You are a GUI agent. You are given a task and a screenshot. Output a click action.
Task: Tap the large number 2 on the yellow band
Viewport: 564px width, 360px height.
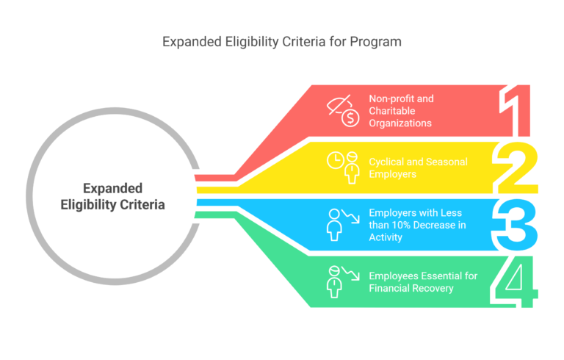[x=515, y=168]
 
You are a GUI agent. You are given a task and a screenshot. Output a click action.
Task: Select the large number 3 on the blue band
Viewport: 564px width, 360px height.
[x=515, y=225]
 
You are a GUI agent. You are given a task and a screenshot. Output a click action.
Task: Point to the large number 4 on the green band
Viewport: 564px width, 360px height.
[x=514, y=281]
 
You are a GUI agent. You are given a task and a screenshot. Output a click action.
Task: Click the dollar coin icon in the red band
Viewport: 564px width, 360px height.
[x=350, y=118]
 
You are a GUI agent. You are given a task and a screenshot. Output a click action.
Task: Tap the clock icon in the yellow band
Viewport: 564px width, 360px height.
[x=335, y=160]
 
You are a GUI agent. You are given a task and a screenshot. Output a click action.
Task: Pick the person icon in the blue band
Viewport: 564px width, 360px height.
[x=334, y=225]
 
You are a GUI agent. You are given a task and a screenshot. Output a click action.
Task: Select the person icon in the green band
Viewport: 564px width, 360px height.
[x=334, y=282]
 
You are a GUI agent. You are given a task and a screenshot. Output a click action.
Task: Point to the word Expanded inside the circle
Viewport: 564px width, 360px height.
[x=112, y=188]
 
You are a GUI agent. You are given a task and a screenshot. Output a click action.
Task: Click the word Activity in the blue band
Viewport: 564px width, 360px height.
[x=386, y=237]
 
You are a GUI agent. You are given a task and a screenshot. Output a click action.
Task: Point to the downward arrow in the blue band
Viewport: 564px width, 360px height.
[x=350, y=216]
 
